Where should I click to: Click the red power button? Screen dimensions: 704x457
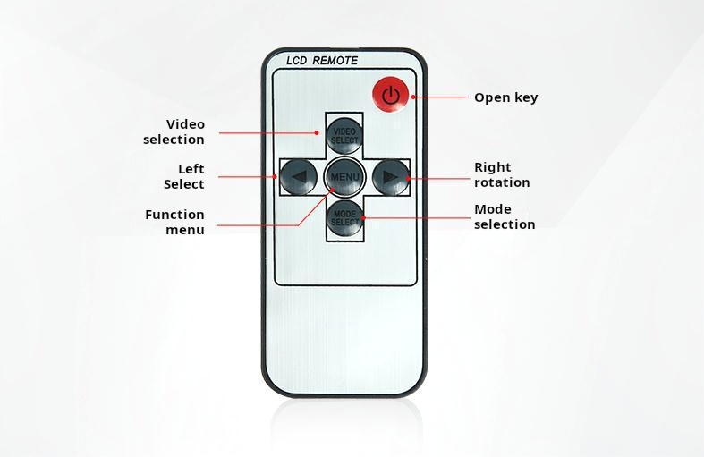[x=391, y=94]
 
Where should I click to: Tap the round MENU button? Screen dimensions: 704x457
[x=344, y=177]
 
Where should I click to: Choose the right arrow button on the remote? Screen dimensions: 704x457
[x=391, y=177]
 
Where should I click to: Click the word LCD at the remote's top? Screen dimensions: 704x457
[x=296, y=61]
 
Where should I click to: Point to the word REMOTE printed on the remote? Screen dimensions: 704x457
[x=335, y=61]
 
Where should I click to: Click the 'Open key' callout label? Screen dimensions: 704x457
[x=506, y=97]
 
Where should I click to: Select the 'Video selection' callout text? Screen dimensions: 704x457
[x=174, y=131]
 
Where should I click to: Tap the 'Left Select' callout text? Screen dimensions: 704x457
[x=184, y=176]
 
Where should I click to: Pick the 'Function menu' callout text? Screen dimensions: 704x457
[x=174, y=222]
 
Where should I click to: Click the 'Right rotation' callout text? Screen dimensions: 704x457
[x=502, y=174]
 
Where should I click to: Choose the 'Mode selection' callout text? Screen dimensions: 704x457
[x=505, y=216]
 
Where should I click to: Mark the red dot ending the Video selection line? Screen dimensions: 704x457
[x=317, y=132]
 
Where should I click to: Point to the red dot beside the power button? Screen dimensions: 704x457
[x=413, y=97]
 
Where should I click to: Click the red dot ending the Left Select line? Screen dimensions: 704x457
[x=276, y=176]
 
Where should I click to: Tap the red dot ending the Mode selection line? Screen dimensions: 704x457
[x=363, y=217]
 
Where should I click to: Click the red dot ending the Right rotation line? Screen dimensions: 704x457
[x=408, y=178]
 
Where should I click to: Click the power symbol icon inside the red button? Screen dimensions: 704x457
[x=391, y=95]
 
